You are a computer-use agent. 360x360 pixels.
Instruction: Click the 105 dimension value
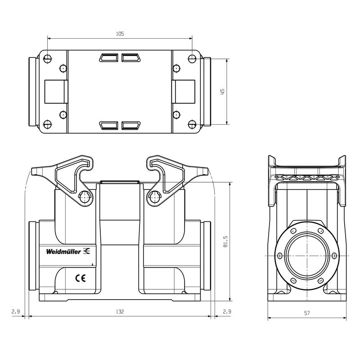[x=120, y=34]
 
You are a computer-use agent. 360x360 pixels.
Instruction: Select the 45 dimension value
[x=222, y=91]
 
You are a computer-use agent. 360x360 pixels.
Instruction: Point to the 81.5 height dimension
[x=225, y=243]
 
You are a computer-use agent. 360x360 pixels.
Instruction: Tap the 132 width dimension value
[x=120, y=311]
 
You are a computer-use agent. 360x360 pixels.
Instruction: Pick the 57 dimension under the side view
[x=306, y=313]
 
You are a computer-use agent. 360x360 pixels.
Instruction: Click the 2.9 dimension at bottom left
[x=15, y=311]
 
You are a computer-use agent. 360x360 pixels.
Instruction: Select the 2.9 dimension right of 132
[x=227, y=311]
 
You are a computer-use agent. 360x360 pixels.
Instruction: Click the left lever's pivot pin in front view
[x=85, y=196]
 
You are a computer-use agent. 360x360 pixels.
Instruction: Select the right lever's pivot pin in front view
[x=155, y=196]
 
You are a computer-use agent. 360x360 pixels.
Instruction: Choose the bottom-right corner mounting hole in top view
[x=192, y=125]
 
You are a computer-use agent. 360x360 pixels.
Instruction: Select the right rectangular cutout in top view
[x=184, y=91]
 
